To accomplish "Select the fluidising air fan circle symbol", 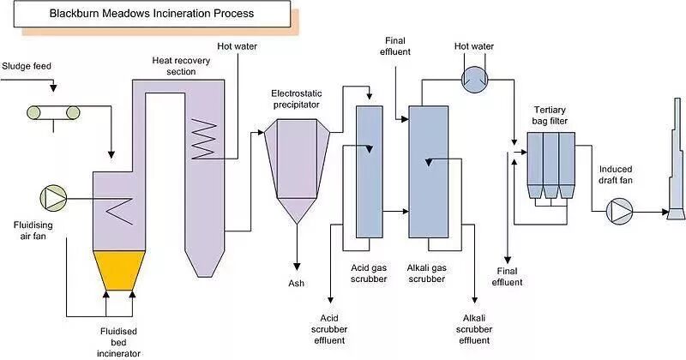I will tap(52, 198).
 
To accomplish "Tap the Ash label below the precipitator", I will tap(298, 283).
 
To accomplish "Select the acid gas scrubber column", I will tap(367, 171).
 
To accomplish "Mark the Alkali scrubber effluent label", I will tap(476, 330).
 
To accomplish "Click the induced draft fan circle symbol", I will tap(618, 210).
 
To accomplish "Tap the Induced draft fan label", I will tap(617, 175).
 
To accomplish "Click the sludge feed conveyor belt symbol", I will tap(52, 111).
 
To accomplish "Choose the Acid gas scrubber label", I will tap(367, 274).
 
